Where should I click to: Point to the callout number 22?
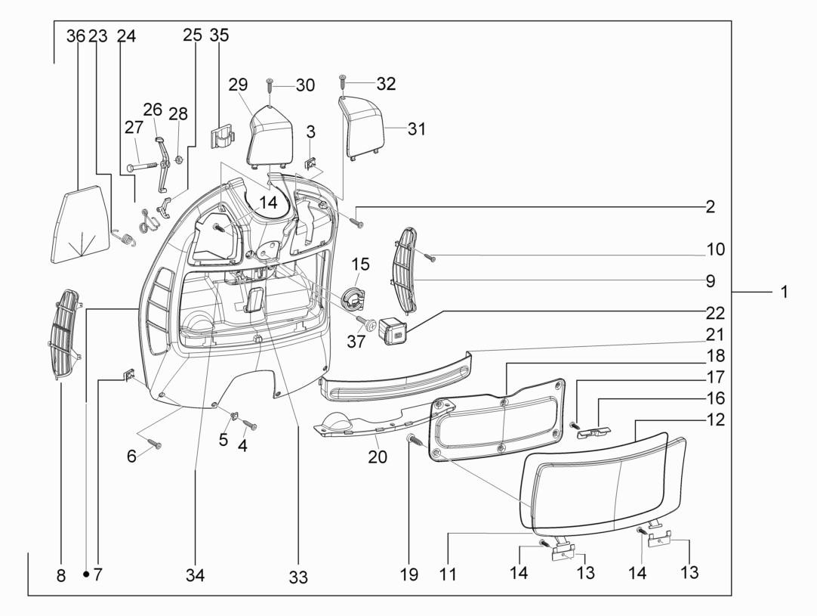coord(716,313)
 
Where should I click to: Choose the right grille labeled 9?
coord(405,271)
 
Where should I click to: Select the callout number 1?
coord(785,292)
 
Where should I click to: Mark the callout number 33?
coord(298,577)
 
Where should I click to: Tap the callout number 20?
coord(377,457)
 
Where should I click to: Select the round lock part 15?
coord(351,296)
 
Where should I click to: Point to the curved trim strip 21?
coord(396,376)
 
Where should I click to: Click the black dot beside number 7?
coord(86,575)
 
